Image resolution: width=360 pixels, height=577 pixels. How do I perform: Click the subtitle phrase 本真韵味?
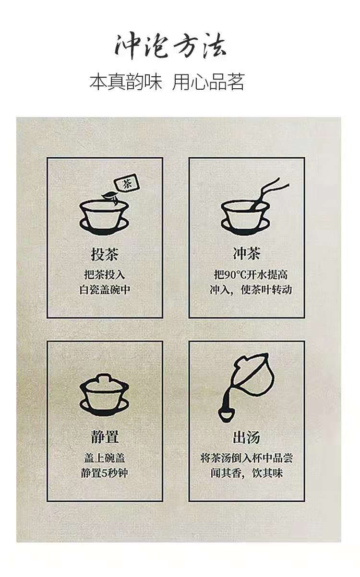click(126, 82)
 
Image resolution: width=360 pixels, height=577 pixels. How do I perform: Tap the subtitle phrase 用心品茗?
click(208, 82)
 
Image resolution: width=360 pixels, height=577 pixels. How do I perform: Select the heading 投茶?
click(105, 254)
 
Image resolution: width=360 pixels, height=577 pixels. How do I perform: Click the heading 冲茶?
click(247, 253)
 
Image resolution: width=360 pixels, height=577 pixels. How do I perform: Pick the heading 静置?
click(105, 437)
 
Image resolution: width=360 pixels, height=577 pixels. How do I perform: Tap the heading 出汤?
click(247, 437)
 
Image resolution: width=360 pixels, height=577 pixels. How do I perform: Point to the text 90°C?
click(235, 275)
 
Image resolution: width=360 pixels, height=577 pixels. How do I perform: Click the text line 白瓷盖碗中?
click(105, 290)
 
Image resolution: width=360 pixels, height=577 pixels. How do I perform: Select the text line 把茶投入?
click(105, 274)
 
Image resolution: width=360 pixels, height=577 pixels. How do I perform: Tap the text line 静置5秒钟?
click(105, 473)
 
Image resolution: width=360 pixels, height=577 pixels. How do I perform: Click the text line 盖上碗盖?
click(105, 458)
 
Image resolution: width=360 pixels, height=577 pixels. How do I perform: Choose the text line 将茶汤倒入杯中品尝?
click(247, 458)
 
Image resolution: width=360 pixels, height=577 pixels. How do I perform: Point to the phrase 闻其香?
click(226, 473)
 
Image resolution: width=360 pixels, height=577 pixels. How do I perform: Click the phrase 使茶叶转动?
click(266, 290)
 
